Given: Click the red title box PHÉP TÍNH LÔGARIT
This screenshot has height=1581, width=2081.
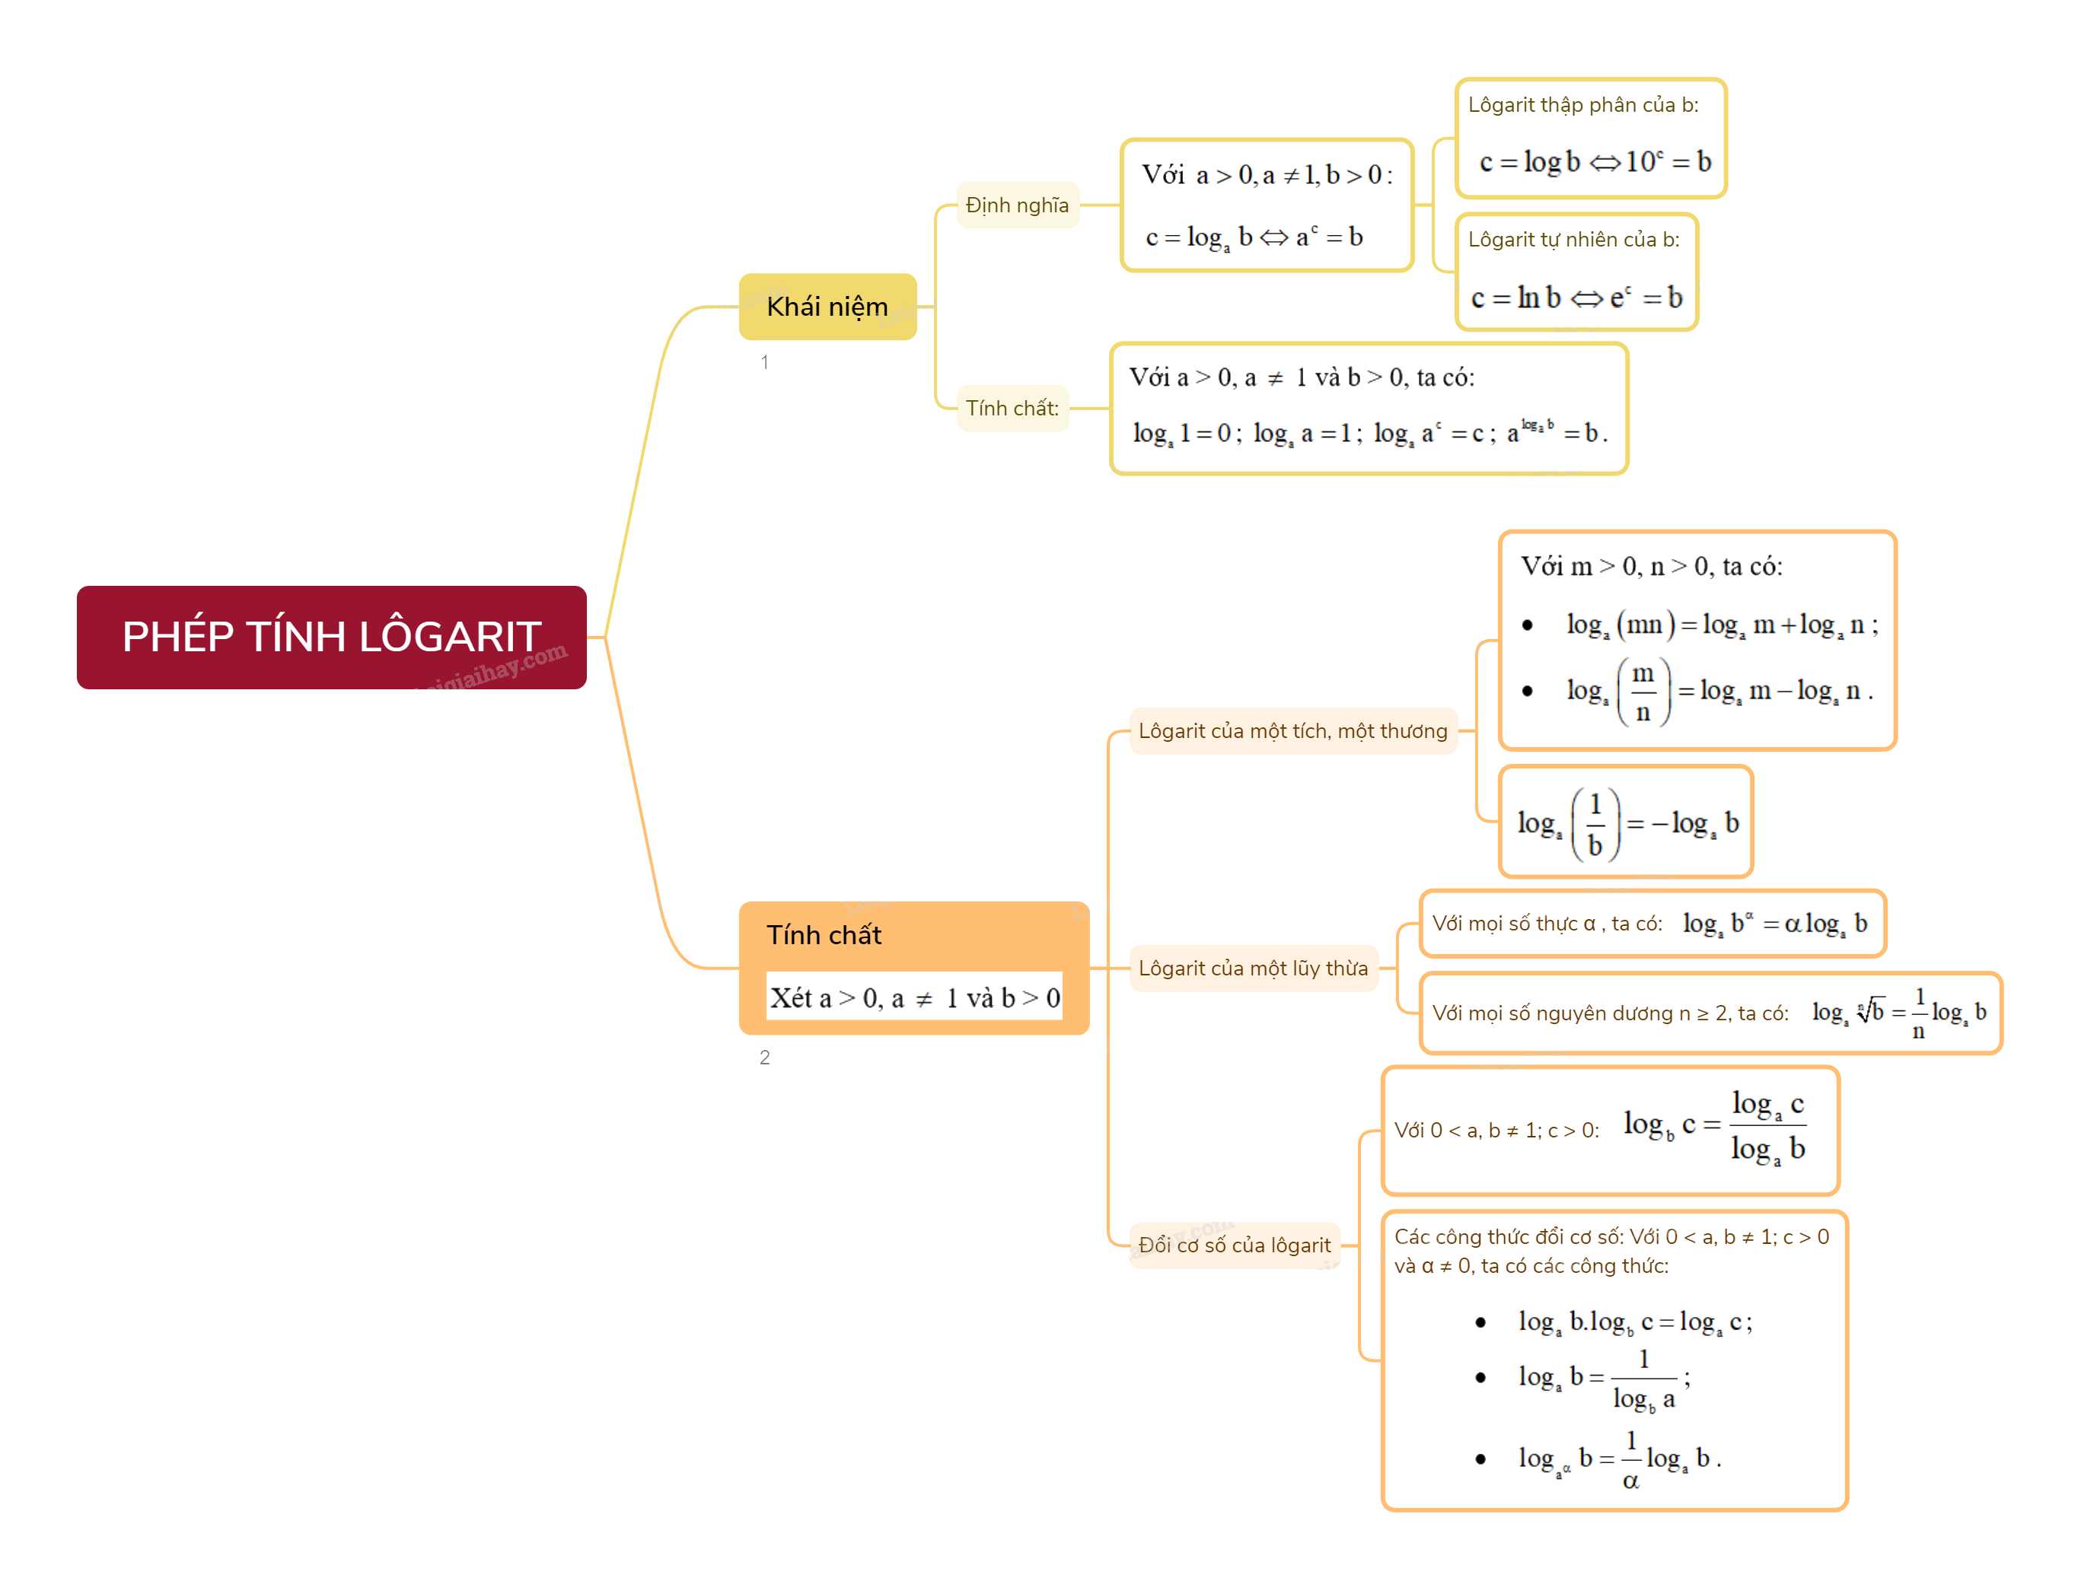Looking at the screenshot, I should tap(331, 637).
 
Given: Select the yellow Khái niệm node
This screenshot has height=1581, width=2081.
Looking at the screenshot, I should tap(827, 307).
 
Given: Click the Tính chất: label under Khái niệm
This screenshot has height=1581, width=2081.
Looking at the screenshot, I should tap(1012, 409).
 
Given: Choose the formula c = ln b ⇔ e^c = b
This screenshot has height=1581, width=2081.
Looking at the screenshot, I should tap(1576, 298).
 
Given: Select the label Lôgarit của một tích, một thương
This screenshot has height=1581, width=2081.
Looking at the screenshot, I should tap(1292, 731).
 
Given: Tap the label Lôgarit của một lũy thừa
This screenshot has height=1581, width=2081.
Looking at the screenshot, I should tap(1253, 969).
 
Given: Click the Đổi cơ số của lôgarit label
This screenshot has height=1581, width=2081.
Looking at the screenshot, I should tap(1234, 1245).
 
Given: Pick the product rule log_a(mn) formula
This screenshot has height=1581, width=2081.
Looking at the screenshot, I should tap(1722, 625).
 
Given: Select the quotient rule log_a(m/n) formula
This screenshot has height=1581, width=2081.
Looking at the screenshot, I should tap(1719, 692).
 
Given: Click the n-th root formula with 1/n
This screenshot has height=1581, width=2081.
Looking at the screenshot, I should tap(1898, 1013).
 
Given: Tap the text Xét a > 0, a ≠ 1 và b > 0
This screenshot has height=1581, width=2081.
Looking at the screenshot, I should tap(915, 997).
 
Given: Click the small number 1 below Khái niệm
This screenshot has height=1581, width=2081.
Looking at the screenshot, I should tap(764, 362).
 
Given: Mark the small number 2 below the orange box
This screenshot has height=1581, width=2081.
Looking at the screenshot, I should tap(764, 1058).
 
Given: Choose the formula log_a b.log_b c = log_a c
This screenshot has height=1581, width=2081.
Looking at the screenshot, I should tap(1635, 1322).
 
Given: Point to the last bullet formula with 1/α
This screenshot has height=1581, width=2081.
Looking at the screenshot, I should tap(1619, 1459).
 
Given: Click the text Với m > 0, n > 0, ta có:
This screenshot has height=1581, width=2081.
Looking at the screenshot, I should tap(1651, 567).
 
